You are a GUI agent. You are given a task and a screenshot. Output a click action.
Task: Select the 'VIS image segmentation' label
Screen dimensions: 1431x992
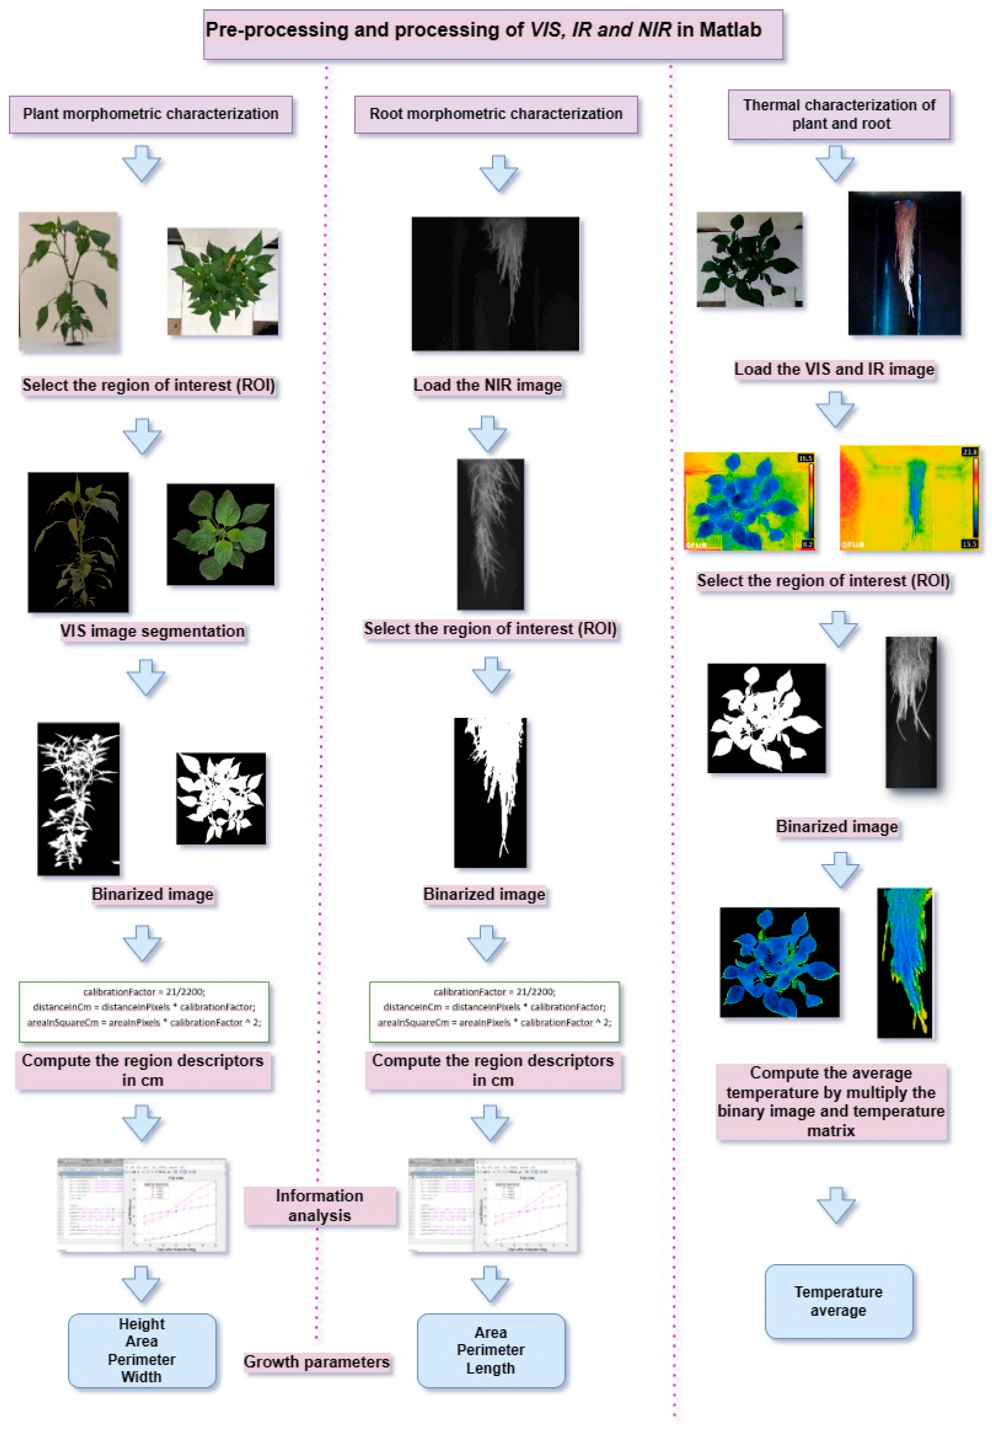(152, 631)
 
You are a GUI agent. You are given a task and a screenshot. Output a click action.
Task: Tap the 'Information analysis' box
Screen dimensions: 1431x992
(319, 1205)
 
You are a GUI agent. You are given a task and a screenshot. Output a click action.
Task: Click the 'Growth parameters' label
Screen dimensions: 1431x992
(316, 1362)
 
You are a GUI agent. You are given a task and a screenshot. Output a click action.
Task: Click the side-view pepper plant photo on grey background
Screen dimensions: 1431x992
(68, 282)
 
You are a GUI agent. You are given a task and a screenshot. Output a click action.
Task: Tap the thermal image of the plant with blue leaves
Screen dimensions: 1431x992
(748, 501)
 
